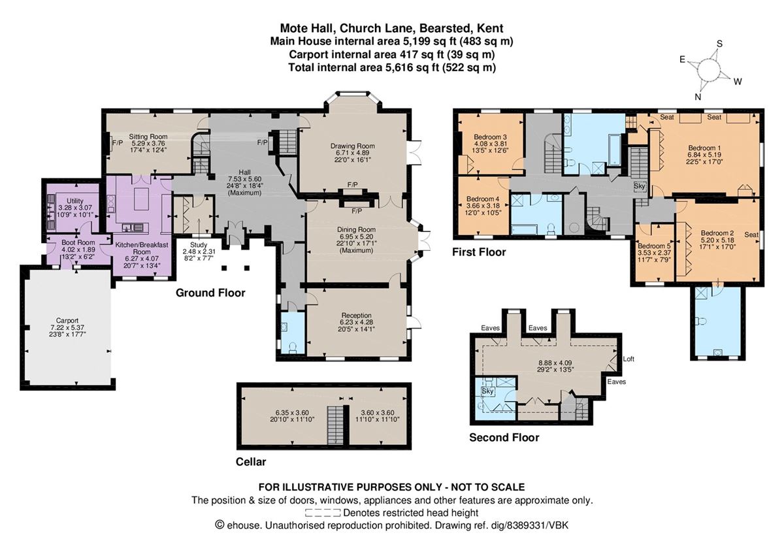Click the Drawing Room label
point(352,146)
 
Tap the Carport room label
point(67,321)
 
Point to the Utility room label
point(75,201)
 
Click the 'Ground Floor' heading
point(210,293)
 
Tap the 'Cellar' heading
point(251,462)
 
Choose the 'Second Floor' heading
point(504,438)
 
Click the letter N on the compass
point(698,97)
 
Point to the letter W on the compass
point(738,82)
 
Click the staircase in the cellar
point(335,425)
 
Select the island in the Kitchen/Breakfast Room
point(141,199)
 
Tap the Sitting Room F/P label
point(118,143)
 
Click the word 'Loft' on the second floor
point(629,359)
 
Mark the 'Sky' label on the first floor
point(640,186)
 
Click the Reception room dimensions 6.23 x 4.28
point(356,322)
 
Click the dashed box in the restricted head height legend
point(323,513)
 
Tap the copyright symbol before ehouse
point(220,525)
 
